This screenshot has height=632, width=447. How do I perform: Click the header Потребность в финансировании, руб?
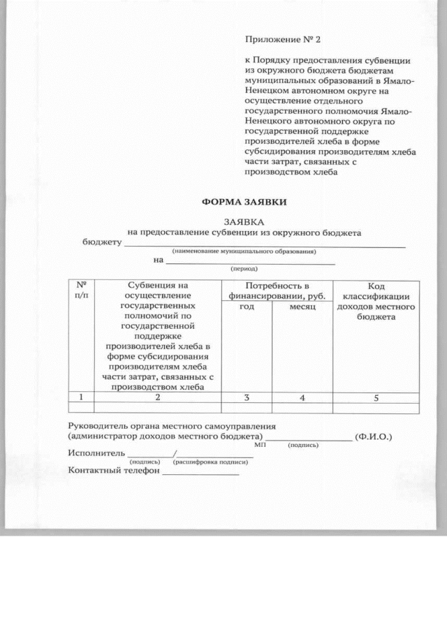point(277,291)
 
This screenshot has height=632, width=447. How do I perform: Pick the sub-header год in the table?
point(246,308)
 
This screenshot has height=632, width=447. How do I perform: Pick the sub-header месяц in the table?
point(302,308)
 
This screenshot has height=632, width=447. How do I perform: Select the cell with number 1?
point(81,397)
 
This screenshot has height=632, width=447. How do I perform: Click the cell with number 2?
point(157,397)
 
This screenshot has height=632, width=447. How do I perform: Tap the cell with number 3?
point(246,397)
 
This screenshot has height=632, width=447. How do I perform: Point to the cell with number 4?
point(302,397)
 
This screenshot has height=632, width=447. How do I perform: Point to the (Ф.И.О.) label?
point(373,437)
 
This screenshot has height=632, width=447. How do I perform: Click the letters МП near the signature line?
point(260,445)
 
